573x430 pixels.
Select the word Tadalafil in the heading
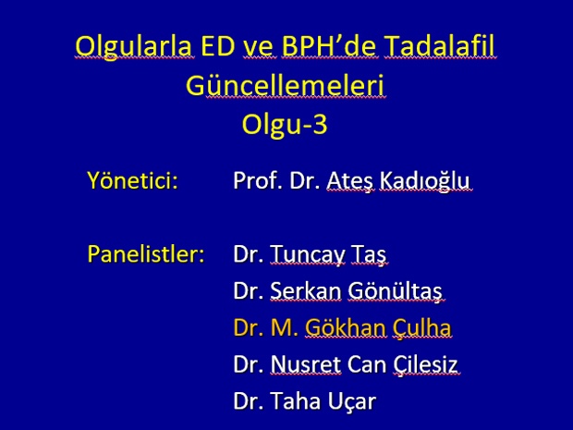pos(439,45)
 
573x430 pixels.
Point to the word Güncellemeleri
pos(285,86)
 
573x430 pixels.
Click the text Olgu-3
pos(285,124)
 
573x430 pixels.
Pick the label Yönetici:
pos(133,180)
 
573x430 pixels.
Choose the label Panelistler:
pos(146,253)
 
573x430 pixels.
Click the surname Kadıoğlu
pos(424,180)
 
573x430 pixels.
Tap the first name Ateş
pos(350,181)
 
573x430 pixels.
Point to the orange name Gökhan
pos(345,327)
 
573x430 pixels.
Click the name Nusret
pos(306,364)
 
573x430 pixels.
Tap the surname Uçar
pos(351,401)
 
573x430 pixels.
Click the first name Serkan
pos(306,290)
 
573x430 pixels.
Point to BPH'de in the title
pos(329,45)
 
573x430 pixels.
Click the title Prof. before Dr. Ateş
pos(258,180)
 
